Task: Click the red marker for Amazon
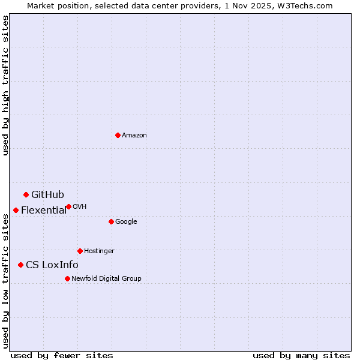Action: [118, 135]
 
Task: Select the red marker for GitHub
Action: [26, 194]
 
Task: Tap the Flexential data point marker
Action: [16, 210]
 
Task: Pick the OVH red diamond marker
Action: [68, 206]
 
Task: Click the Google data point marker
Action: [111, 221]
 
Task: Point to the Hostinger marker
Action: [80, 251]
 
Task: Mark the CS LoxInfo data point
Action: [20, 265]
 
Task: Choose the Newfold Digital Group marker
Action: [67, 278]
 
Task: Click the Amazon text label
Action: [134, 136]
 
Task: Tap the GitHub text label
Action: [47, 194]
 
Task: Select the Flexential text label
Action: [44, 210]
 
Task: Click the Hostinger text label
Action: [99, 251]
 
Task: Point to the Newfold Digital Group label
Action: [106, 278]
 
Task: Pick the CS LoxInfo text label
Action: [52, 265]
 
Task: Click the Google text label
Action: [126, 222]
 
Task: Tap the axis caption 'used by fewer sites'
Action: [62, 356]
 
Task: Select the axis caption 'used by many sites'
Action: [301, 356]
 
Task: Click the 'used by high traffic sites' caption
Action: [5, 86]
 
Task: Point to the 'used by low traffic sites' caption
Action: [5, 281]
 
